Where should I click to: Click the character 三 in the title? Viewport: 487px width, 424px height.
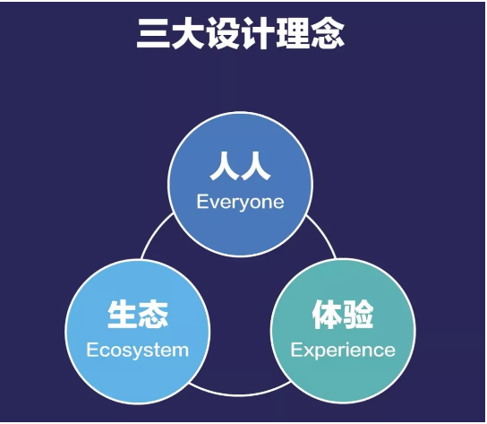click(x=153, y=33)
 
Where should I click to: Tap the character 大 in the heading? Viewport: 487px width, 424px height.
click(x=188, y=33)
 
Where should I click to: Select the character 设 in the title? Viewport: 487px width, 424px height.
click(x=223, y=33)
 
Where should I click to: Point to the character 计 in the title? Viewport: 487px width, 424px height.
click(x=258, y=33)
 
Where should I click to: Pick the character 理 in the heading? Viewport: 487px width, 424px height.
click(x=293, y=33)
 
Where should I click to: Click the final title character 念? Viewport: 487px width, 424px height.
click(x=328, y=33)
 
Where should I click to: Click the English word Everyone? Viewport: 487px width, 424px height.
click(x=241, y=203)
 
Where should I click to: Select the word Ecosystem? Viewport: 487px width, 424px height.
click(x=138, y=350)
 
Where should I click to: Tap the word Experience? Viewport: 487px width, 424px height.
click(x=343, y=350)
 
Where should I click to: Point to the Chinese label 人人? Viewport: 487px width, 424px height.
click(x=240, y=166)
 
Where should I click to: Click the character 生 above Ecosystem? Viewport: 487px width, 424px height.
click(x=123, y=315)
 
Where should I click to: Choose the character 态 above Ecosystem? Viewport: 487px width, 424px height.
click(x=153, y=315)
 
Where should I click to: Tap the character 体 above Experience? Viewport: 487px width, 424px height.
click(x=328, y=315)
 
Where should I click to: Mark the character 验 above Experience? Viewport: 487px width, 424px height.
click(x=358, y=315)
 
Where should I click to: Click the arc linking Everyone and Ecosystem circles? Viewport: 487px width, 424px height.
click(x=154, y=233)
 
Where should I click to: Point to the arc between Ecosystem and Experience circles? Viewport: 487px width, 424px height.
click(x=240, y=395)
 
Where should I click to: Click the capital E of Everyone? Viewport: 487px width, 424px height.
click(x=201, y=202)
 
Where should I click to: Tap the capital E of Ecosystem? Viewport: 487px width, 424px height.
click(x=91, y=350)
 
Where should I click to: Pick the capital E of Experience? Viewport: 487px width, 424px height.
click(x=296, y=350)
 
